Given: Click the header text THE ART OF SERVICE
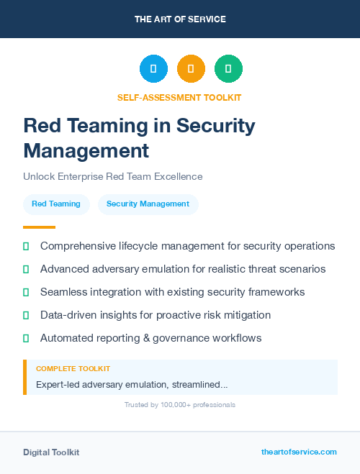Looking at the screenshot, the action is [x=180, y=19].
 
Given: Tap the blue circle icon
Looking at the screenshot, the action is [x=153, y=68].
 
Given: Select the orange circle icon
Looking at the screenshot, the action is [x=191, y=68].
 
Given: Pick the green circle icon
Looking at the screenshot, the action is [x=228, y=68].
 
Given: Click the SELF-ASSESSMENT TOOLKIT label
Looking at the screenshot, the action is [x=179, y=97].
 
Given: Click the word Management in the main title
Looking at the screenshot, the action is [x=86, y=151].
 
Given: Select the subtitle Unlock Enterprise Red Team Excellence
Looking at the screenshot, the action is [x=113, y=176].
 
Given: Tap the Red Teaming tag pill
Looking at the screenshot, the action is [x=56, y=204].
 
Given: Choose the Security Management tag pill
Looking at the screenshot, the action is [x=148, y=204].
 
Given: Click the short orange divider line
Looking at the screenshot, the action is [x=40, y=227].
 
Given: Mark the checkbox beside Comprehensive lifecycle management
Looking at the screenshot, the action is [x=26, y=246].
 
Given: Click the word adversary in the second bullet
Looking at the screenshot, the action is [x=125, y=269].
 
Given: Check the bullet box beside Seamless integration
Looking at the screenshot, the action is [x=26, y=292].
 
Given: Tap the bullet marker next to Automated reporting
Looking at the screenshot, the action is [x=26, y=338].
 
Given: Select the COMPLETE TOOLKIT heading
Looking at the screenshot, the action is [x=73, y=368].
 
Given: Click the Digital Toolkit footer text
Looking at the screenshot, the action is [x=51, y=452].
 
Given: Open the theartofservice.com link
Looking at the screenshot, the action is [x=299, y=452].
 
